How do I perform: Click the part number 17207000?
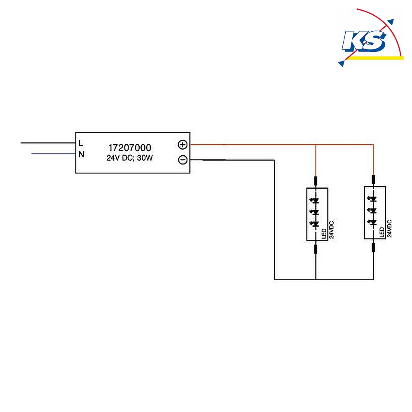[130, 147]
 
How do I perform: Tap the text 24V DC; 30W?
[129, 158]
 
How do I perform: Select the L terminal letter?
[81, 143]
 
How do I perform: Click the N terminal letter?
[82, 154]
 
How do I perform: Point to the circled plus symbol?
[183, 145]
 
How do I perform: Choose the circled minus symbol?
[183, 160]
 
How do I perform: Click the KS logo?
[370, 37]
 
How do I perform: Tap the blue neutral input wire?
[53, 154]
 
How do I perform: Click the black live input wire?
[48, 143]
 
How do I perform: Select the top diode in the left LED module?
[315, 201]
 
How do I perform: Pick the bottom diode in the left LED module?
[315, 224]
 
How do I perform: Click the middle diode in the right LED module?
[372, 211]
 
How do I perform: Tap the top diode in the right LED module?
[372, 199]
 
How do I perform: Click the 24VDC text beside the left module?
[332, 230]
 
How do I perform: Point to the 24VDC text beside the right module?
[389, 229]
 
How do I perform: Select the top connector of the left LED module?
[316, 181]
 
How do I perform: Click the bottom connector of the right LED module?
[373, 248]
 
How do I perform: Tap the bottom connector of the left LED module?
[316, 249]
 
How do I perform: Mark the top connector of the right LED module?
[373, 180]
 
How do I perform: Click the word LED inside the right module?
[382, 232]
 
